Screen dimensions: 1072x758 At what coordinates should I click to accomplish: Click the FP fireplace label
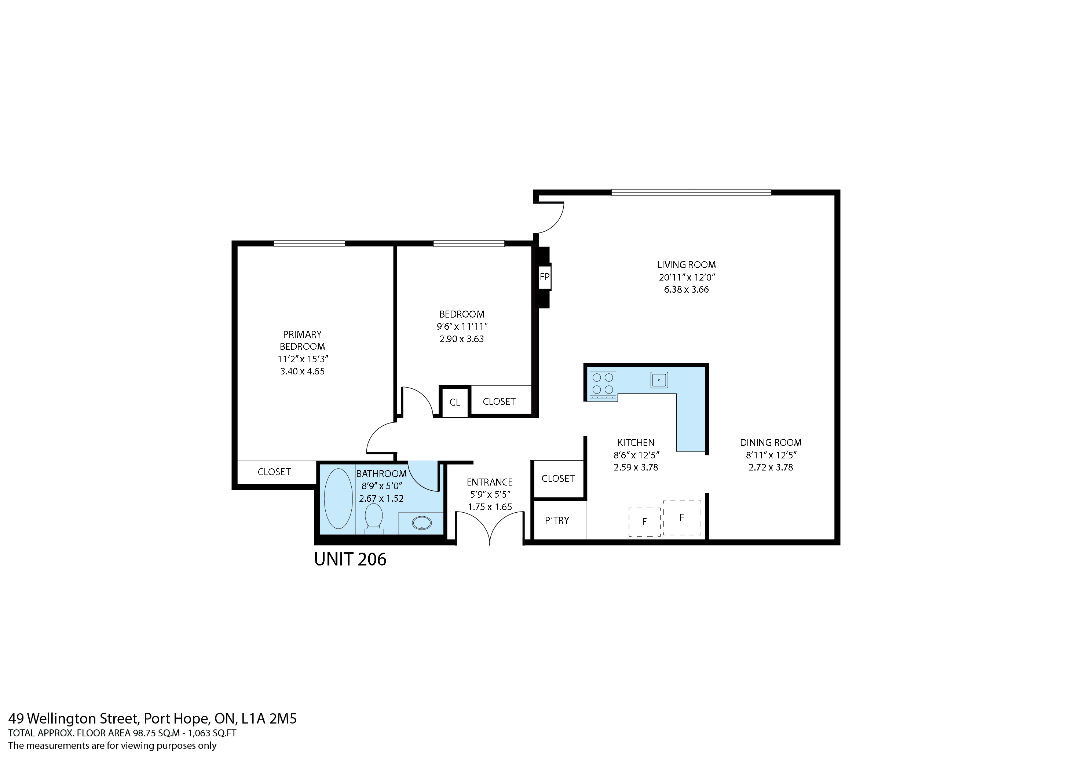pyautogui.click(x=544, y=277)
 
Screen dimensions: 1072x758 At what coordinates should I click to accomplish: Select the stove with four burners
pyautogui.click(x=603, y=385)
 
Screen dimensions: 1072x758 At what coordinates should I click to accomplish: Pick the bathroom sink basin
pyautogui.click(x=422, y=523)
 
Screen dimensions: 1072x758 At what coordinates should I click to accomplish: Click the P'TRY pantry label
pyautogui.click(x=557, y=520)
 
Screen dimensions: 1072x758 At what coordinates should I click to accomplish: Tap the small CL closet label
pyautogui.click(x=455, y=402)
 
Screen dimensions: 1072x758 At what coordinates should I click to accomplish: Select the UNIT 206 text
pyautogui.click(x=350, y=559)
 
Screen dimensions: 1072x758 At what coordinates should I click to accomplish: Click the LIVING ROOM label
pyautogui.click(x=686, y=265)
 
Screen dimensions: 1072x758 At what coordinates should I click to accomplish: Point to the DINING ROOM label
pyautogui.click(x=771, y=443)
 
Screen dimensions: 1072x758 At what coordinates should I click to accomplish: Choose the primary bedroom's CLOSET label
pyautogui.click(x=274, y=472)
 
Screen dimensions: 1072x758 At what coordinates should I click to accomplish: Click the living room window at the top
pyautogui.click(x=691, y=192)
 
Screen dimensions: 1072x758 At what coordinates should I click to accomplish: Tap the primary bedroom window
pyautogui.click(x=309, y=243)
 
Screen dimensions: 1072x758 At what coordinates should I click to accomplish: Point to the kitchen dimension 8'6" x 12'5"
pyautogui.click(x=636, y=455)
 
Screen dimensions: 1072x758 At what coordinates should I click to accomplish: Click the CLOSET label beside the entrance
pyautogui.click(x=558, y=479)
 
